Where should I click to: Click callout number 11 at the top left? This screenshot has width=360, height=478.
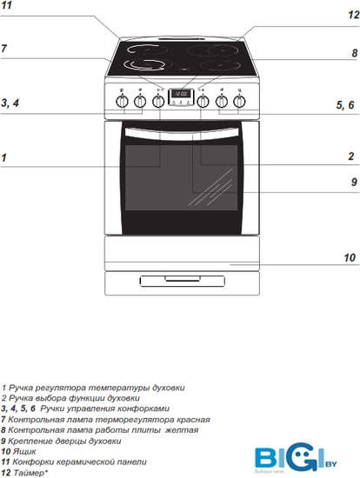point(6,5)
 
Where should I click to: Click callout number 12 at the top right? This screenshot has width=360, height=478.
point(354,15)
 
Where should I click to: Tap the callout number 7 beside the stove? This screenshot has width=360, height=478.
point(3,48)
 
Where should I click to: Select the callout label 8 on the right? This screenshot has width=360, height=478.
point(354,53)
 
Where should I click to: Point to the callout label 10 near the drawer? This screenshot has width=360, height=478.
point(350,258)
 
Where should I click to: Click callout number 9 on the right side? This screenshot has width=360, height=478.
point(354,182)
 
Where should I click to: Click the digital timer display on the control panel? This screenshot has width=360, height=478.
point(181,94)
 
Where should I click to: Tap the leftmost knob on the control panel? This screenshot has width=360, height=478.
point(122,102)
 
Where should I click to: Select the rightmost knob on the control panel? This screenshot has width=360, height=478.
point(239,102)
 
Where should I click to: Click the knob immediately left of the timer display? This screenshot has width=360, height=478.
point(158,102)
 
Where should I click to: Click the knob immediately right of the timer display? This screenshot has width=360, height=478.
point(203,102)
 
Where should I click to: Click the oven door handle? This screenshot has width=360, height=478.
point(182,134)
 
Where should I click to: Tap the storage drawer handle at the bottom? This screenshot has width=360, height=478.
point(183,281)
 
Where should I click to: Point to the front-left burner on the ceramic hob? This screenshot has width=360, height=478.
point(144,64)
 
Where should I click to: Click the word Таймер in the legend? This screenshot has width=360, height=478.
point(30,473)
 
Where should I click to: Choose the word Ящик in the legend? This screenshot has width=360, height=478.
point(24,451)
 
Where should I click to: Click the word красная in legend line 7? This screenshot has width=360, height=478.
point(194,420)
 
